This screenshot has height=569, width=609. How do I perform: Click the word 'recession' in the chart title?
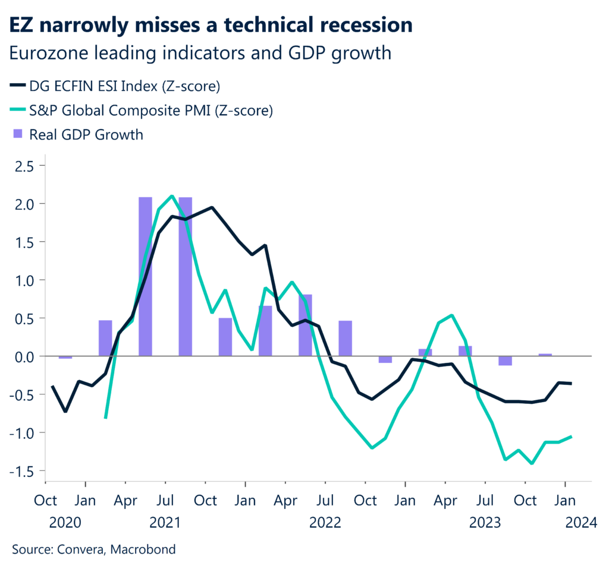click(354, 24)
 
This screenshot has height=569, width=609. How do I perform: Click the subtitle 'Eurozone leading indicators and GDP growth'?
click(201, 53)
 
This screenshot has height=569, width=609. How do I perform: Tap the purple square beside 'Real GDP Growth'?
click(17, 134)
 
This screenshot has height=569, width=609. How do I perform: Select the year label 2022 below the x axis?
click(325, 523)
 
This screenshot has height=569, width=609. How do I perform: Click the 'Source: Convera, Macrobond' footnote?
click(94, 549)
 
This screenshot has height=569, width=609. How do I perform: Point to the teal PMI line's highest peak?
click(172, 196)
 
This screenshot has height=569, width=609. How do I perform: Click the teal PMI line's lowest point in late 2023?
click(532, 463)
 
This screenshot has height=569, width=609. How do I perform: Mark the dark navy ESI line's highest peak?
click(212, 207)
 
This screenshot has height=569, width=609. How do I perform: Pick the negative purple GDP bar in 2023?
click(505, 361)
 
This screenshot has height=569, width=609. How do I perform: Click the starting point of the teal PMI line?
click(106, 418)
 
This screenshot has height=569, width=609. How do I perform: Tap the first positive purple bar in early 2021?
click(105, 338)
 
